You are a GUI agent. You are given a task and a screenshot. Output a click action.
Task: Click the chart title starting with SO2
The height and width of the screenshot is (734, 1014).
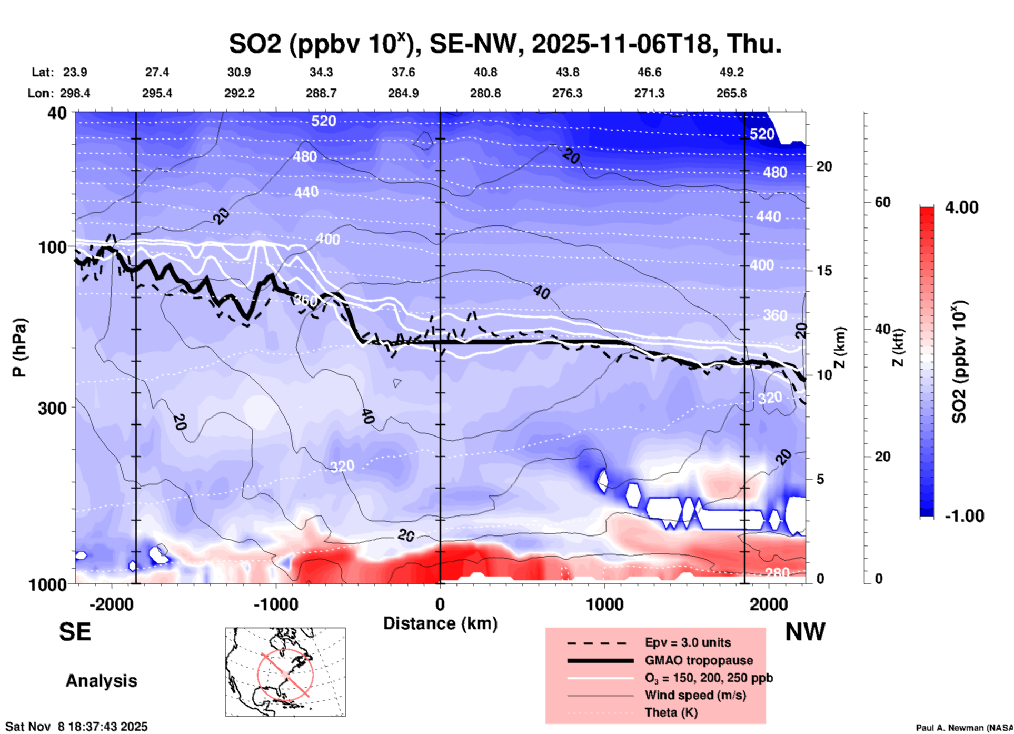tap(504, 43)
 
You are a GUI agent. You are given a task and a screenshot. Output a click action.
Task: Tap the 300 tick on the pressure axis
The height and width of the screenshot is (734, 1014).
tap(53, 408)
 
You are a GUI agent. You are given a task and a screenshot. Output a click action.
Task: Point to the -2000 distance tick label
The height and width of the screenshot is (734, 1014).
tap(111, 604)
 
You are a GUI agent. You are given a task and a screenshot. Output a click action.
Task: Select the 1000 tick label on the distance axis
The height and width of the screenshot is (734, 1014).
tap(604, 604)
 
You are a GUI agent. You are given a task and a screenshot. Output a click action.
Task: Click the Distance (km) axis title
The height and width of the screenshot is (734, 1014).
tap(440, 623)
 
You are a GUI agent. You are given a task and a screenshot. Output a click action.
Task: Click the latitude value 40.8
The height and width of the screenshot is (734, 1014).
tap(485, 72)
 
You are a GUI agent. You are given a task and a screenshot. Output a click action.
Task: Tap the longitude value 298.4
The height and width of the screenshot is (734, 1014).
tap(75, 93)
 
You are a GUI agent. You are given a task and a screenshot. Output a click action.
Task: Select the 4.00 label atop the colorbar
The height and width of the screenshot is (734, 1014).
tap(961, 207)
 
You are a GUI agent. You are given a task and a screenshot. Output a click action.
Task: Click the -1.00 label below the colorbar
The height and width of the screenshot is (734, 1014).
tap(964, 516)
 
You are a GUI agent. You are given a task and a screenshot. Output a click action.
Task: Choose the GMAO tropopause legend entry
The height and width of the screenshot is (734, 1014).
tap(699, 660)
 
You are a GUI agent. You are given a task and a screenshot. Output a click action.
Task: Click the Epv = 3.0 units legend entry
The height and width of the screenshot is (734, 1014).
tap(688, 642)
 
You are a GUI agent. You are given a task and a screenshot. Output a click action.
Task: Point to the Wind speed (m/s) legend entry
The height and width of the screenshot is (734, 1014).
tap(695, 695)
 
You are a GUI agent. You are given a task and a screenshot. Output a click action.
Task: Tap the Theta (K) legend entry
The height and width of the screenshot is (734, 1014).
tap(671, 712)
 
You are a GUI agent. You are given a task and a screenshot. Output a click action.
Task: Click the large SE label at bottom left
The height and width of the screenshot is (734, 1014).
tap(75, 632)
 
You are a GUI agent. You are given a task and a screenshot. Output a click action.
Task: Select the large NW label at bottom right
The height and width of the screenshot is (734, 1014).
tap(805, 632)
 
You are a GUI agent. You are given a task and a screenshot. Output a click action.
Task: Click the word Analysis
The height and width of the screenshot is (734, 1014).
tap(101, 681)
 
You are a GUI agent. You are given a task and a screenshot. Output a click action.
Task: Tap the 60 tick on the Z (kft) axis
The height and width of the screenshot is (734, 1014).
tap(882, 202)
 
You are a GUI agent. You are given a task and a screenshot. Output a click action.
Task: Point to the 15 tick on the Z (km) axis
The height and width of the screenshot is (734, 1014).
tap(823, 271)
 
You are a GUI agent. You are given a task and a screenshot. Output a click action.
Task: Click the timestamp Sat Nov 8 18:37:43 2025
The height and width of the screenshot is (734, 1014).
tap(76, 727)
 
